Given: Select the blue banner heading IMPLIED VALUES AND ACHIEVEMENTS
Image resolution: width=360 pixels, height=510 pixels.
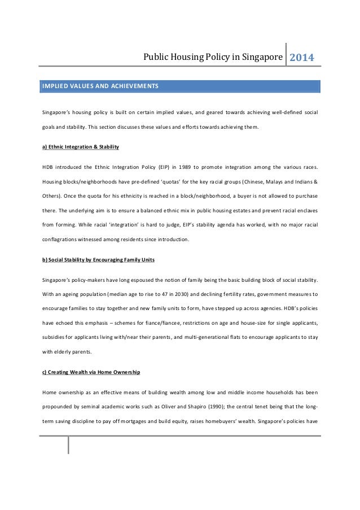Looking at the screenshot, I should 100,86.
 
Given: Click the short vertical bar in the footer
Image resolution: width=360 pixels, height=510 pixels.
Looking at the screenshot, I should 68,444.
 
